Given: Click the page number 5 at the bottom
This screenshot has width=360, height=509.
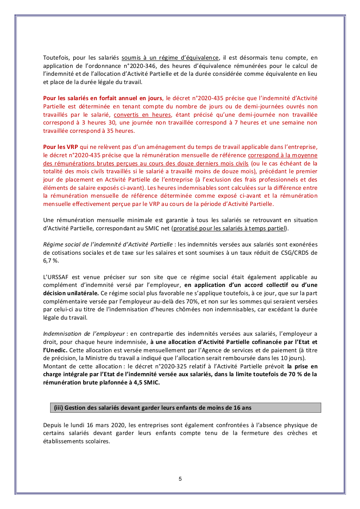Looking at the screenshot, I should [x=180, y=479].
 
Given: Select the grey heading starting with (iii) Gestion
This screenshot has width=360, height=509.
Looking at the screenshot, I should [x=152, y=408].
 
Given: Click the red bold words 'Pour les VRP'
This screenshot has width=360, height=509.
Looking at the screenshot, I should [x=60, y=147].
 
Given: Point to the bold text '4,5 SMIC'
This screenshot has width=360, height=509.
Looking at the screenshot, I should [x=146, y=382].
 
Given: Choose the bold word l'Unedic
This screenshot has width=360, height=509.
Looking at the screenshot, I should [x=55, y=350].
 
